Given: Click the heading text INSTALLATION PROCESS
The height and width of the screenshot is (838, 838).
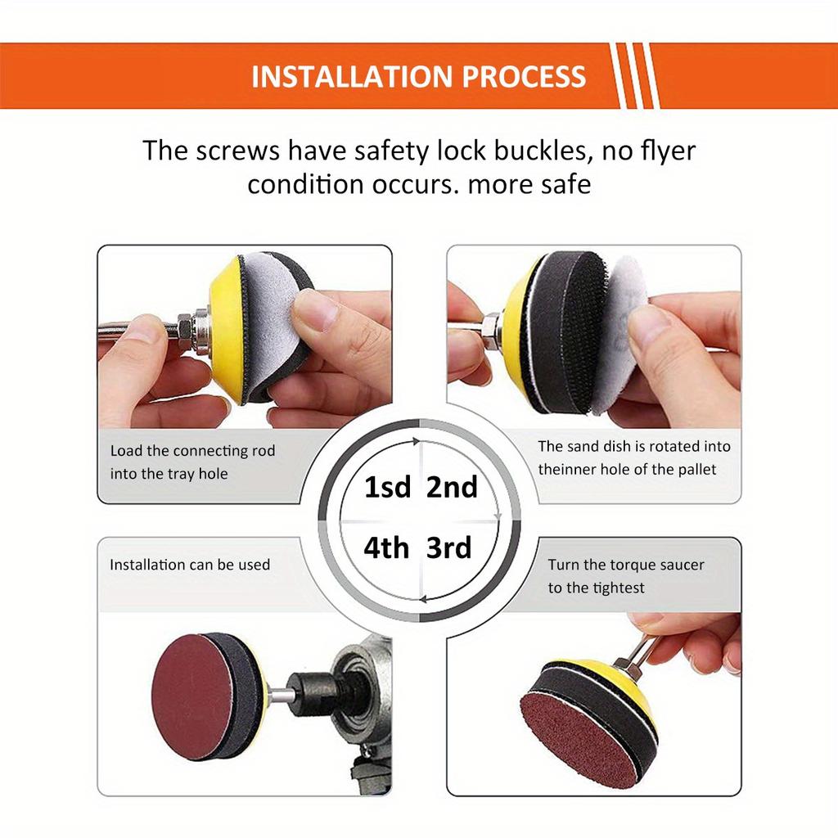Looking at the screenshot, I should click(x=418, y=77).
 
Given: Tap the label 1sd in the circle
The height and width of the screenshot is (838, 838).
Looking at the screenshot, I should click(x=387, y=488).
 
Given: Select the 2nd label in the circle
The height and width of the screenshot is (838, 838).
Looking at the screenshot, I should click(x=452, y=488).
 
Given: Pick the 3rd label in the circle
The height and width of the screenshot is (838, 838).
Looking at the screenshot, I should click(x=449, y=547).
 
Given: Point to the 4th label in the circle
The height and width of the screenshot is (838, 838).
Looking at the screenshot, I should click(x=386, y=547).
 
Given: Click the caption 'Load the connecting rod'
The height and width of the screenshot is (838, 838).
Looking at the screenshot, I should click(x=193, y=451).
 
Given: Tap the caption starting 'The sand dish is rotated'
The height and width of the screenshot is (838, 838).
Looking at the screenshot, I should click(x=633, y=447).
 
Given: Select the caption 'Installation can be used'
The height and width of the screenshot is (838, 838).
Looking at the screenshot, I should click(x=190, y=565).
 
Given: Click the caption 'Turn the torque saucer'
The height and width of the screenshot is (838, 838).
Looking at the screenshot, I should click(x=626, y=565).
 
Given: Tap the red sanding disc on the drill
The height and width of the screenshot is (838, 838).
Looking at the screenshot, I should click(x=193, y=696).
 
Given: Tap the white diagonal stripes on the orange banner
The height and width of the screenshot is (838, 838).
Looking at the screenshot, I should click(x=635, y=76).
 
